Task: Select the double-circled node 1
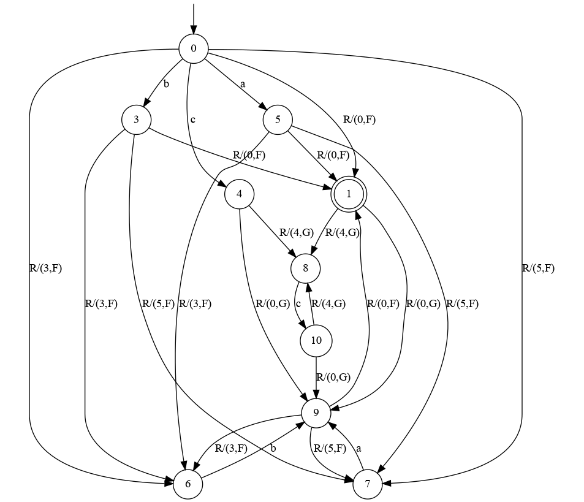[347, 194]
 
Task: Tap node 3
[137, 120]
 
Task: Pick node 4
[240, 194]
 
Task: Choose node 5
[278, 120]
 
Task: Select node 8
[306, 268]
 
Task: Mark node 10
[316, 341]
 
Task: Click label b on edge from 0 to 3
[165, 84]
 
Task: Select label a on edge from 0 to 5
[243, 85]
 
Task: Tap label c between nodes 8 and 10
[298, 303]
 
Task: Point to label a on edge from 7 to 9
[359, 448]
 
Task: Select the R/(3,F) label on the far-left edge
[45, 268]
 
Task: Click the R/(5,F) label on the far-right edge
[538, 268]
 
